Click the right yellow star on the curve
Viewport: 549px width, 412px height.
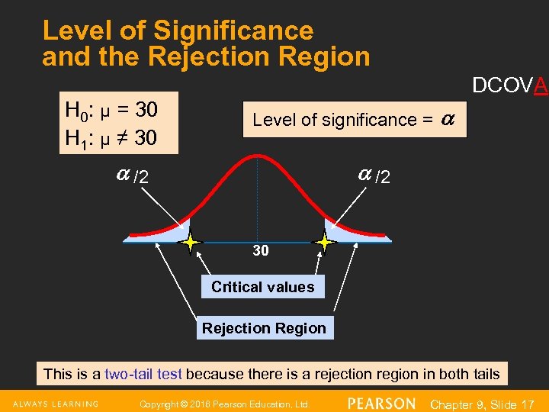pos(325,243)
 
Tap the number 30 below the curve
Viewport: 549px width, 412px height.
pos(261,251)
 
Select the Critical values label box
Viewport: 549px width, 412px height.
pos(262,287)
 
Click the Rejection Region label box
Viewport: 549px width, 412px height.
pos(264,328)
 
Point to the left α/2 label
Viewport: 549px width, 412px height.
pos(132,177)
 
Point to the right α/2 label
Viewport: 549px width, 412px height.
pos(374,176)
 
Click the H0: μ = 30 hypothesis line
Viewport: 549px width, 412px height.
pos(112,110)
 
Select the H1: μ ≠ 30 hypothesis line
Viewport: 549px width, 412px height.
pos(112,137)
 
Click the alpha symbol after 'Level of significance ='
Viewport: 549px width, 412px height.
pos(448,119)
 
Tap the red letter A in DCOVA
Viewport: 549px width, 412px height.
pos(541,86)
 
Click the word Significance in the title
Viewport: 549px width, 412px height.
pos(233,31)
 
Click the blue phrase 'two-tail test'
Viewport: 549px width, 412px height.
pos(143,374)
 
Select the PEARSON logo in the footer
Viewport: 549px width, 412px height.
pos(381,403)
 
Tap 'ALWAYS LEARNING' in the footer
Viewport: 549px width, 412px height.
pos(55,403)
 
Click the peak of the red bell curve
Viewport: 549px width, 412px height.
pos(258,156)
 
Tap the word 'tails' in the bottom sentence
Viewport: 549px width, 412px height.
pos(485,374)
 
